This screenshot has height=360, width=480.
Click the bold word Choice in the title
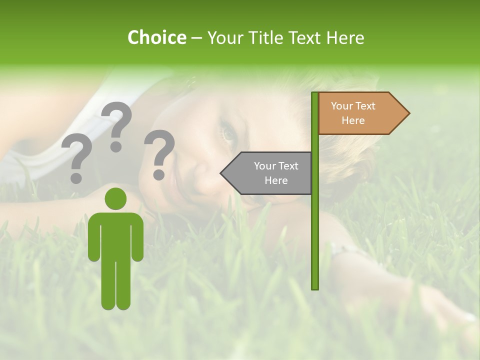pyautogui.click(x=156, y=37)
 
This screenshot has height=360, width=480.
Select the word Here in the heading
pyautogui.click(x=345, y=37)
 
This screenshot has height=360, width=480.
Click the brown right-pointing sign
pyautogui.click(x=360, y=113)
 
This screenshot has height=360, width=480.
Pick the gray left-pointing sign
pyautogui.click(x=270, y=173)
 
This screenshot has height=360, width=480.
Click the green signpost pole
pyautogui.click(x=315, y=225)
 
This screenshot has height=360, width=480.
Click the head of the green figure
pyautogui.click(x=115, y=199)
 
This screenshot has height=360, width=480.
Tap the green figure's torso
pyautogui.click(x=115, y=235)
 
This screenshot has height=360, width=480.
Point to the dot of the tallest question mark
pyautogui.click(x=116, y=147)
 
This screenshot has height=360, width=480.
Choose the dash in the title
pyautogui.click(x=196, y=38)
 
